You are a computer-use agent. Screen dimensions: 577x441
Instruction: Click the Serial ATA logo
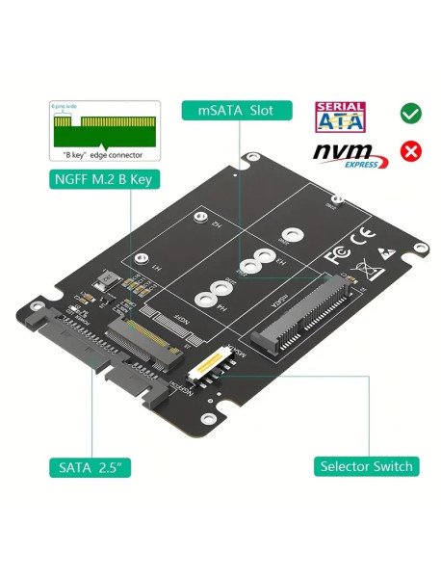click(341, 114)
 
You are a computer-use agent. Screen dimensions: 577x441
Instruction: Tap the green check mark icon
click(411, 115)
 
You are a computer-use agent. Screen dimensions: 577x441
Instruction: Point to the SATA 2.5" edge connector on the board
click(74, 353)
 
